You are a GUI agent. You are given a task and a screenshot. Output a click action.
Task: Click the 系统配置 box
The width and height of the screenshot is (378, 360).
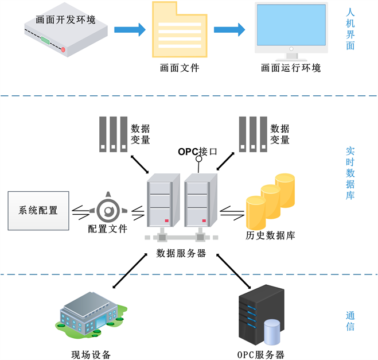click(38, 210)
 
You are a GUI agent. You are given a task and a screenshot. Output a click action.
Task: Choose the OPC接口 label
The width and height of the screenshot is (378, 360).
click(198, 152)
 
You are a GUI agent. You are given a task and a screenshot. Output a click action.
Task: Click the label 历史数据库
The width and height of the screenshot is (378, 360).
click(270, 235)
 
